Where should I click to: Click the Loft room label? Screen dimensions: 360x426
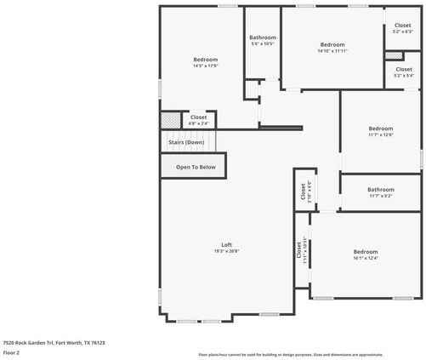[x=227, y=245]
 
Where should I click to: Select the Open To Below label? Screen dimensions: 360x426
[x=196, y=167]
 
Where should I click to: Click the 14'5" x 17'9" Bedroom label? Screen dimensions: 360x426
[x=206, y=60]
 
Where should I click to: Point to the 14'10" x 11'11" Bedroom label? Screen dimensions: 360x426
[x=332, y=44]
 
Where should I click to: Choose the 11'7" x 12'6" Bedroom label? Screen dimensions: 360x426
[x=380, y=129]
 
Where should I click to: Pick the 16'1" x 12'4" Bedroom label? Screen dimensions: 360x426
[x=366, y=252]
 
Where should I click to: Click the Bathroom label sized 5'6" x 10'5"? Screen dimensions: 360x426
[x=262, y=37]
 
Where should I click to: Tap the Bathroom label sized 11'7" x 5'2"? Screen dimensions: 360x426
[x=380, y=190]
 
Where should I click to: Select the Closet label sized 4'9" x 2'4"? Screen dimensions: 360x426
[x=198, y=117]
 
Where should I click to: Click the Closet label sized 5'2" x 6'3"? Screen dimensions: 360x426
[x=402, y=26]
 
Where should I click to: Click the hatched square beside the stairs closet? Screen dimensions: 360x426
[x=172, y=121]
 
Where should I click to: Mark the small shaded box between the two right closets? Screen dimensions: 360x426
[x=394, y=55]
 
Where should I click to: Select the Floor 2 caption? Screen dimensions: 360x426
[x=12, y=351]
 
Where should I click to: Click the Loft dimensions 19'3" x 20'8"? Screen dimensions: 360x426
[x=227, y=251]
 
